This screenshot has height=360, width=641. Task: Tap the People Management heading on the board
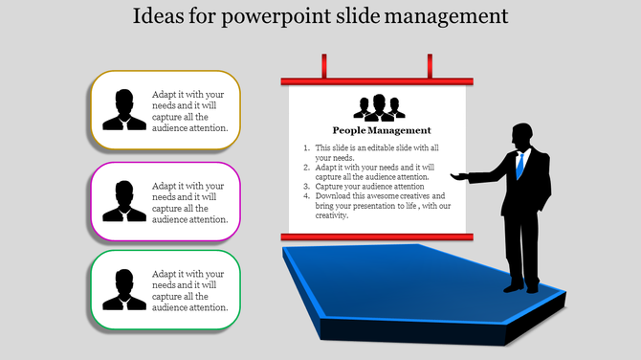point(382,130)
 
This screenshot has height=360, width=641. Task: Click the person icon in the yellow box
point(124,109)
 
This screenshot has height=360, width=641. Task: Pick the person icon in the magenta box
point(124,199)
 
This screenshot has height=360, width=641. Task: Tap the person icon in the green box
point(124,289)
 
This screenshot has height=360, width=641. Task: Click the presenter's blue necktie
point(519,165)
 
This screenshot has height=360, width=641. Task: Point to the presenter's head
point(521,134)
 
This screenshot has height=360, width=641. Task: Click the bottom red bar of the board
point(377,236)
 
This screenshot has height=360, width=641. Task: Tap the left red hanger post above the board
point(324,66)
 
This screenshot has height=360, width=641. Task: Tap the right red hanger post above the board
point(430,66)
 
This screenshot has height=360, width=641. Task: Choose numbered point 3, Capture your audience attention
point(363,186)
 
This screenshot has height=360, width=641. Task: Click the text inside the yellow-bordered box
point(189,110)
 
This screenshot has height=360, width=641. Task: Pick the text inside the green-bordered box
point(189,290)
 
